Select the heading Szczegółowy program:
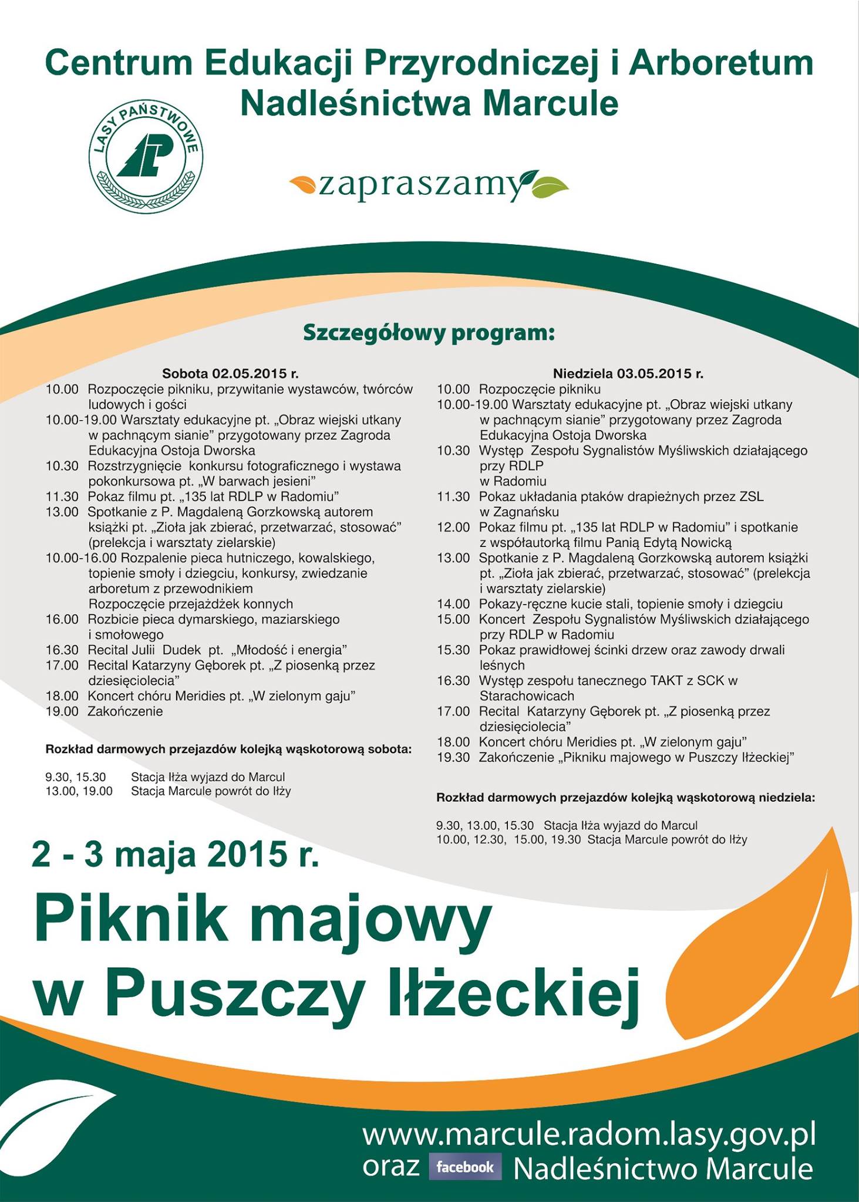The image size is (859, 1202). (429, 333)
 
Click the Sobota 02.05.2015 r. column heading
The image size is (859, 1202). (231, 373)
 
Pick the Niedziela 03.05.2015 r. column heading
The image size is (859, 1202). (628, 373)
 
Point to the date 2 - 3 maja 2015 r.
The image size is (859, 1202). (176, 855)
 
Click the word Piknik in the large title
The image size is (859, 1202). (130, 921)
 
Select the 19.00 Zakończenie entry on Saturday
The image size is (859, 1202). (105, 711)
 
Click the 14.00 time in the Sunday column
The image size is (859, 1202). (453, 604)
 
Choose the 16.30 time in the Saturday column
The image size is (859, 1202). (62, 650)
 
